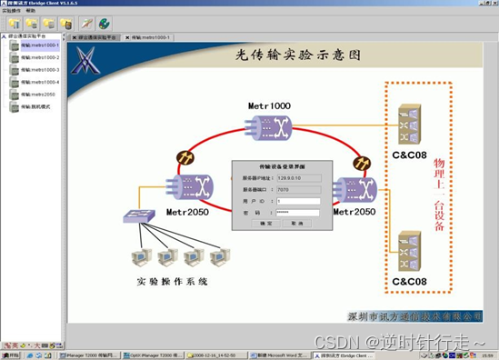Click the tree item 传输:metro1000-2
pyautogui.click(x=39, y=57)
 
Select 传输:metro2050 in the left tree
pyautogui.click(x=37, y=94)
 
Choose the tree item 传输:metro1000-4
pyautogui.click(x=39, y=82)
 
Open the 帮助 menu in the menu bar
pyautogui.click(x=31, y=11)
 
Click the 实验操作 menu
pyautogui.click(x=12, y=11)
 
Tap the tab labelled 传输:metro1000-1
pyautogui.click(x=150, y=37)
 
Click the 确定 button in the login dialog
pyautogui.click(x=266, y=222)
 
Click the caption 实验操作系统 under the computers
pyautogui.click(x=173, y=282)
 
